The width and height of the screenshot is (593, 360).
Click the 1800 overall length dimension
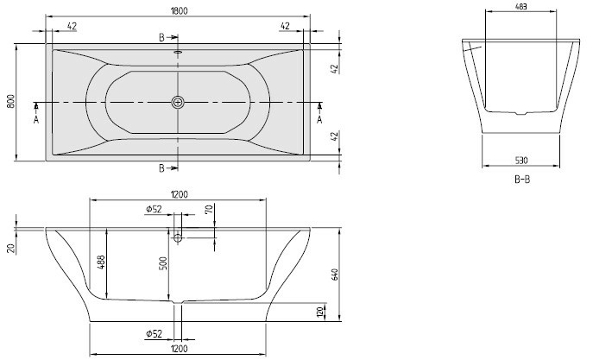[x=179, y=11]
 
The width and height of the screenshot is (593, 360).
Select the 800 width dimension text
[x=11, y=102]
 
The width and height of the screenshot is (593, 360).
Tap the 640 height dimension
[x=335, y=275]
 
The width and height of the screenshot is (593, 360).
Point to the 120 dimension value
[x=320, y=312]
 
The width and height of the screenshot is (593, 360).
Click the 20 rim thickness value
[x=11, y=248]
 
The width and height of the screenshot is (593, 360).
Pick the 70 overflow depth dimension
[x=210, y=208]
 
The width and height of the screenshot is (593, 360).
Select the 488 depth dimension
[x=101, y=262]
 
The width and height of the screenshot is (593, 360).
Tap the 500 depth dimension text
[x=163, y=263]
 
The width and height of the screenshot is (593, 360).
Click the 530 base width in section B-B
[x=521, y=161]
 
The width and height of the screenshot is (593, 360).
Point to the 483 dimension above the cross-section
[x=521, y=6]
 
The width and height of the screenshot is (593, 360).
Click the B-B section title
[x=522, y=180]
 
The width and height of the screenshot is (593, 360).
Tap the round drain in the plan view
[x=177, y=102]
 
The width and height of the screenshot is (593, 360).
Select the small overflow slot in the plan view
[x=178, y=52]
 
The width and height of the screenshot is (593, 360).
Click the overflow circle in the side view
[x=177, y=238]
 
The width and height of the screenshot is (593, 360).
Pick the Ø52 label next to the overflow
[x=154, y=209]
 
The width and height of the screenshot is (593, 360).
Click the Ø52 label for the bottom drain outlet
[x=154, y=333]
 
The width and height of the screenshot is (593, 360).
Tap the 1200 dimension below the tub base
[x=179, y=348]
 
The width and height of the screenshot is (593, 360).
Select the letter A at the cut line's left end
[x=36, y=120]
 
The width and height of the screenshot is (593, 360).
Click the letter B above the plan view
[x=161, y=37]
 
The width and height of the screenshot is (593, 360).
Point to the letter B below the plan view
[x=161, y=168]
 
